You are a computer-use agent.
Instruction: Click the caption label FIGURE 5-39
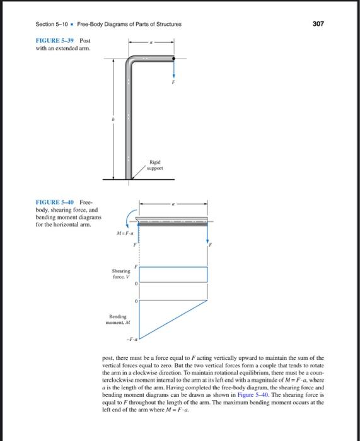(x=55, y=40)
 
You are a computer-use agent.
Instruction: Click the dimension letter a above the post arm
(x=150, y=42)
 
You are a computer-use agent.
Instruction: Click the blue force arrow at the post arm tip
(x=172, y=69)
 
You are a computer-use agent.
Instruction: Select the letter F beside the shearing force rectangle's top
(x=134, y=266)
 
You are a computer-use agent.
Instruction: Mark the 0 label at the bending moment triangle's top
(x=136, y=301)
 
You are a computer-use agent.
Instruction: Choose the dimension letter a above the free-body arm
(x=173, y=203)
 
